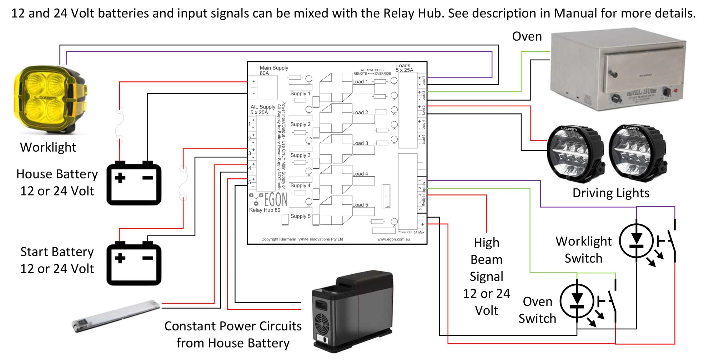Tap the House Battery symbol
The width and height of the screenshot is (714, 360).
click(134, 184)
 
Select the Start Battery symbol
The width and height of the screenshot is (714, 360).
click(134, 264)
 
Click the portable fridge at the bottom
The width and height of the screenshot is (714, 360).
click(352, 310)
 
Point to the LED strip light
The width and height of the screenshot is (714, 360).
click(116, 316)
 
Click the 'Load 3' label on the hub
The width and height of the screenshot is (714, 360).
click(360, 143)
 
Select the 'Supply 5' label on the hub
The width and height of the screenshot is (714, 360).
click(300, 216)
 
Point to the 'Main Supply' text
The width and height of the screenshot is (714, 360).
click(273, 68)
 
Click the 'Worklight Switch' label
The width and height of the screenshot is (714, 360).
click(583, 250)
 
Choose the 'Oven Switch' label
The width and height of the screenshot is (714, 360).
click(537, 310)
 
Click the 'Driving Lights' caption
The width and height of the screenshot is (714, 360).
click(611, 193)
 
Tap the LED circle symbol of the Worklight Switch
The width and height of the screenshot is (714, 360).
click(636, 241)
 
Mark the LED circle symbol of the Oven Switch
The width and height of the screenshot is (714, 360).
click(577, 301)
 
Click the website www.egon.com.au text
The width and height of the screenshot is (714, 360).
click(393, 239)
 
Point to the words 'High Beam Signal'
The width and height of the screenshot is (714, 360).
click(486, 259)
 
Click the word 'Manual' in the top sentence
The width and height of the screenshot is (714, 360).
click(575, 13)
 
